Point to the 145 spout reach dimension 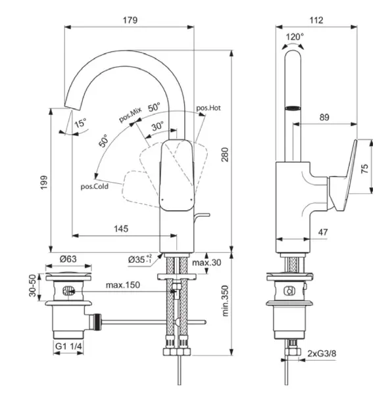[121, 229]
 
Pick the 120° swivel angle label [295, 37]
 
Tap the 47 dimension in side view [323, 232]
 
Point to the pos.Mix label [130, 116]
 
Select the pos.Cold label [94, 186]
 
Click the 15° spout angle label [80, 123]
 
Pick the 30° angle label [158, 126]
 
